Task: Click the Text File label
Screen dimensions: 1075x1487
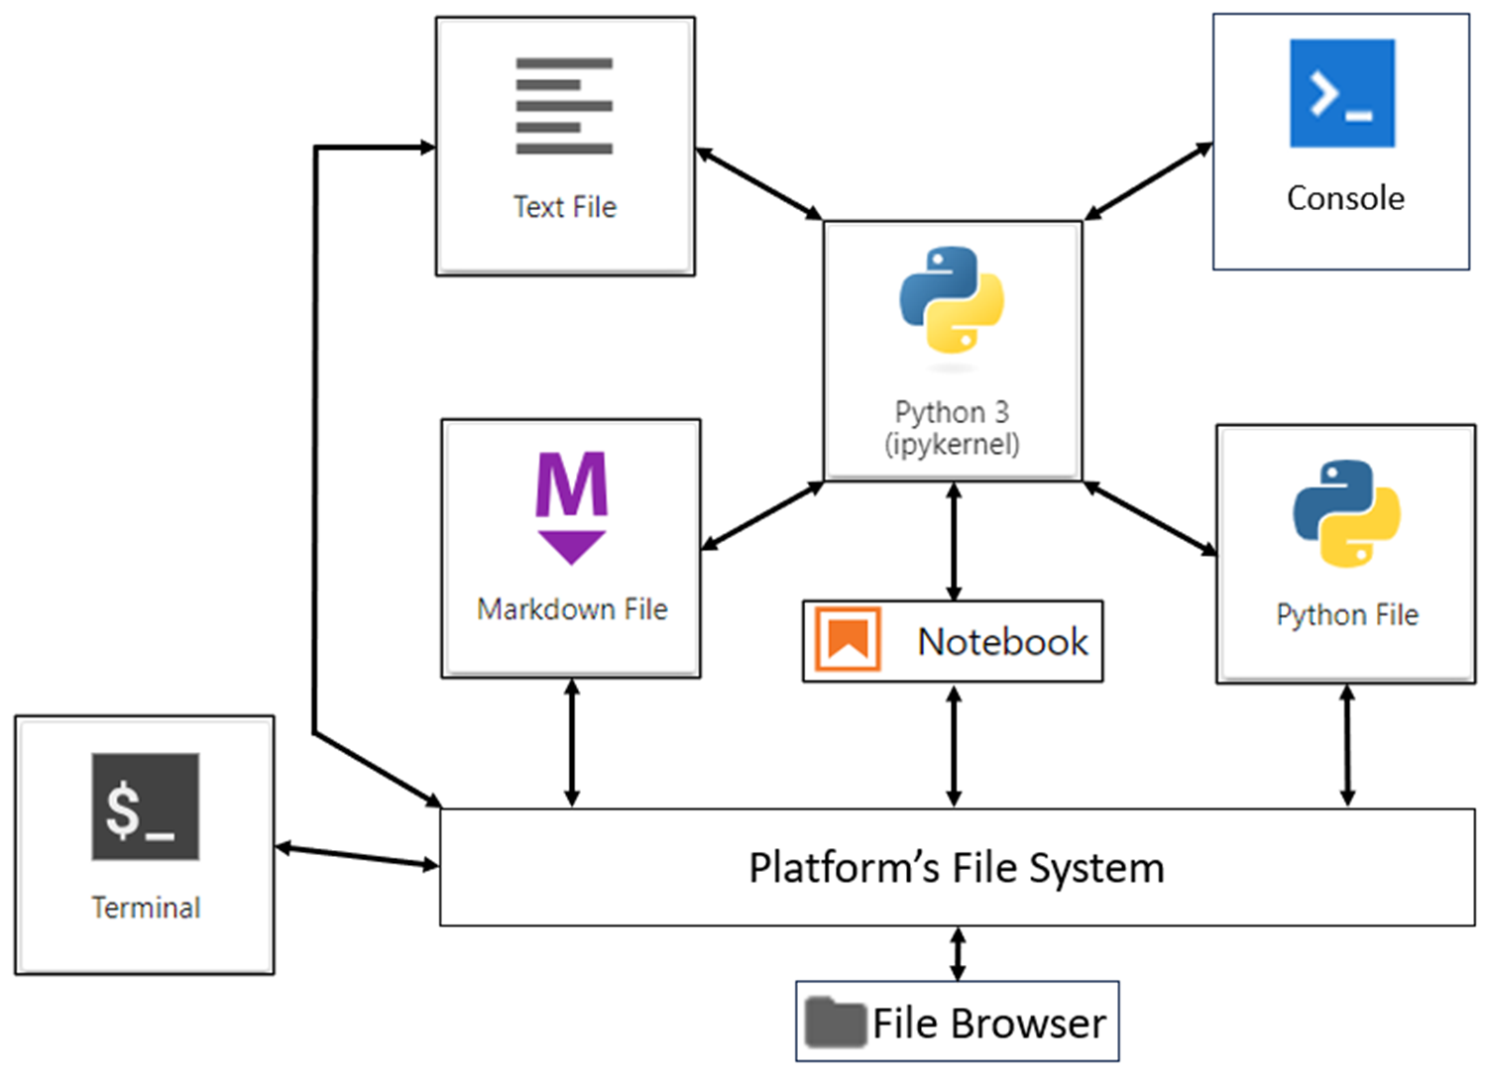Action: (564, 207)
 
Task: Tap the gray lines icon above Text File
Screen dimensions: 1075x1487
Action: (564, 106)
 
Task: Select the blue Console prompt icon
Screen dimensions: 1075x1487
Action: (1341, 93)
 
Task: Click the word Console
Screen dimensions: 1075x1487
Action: (1344, 198)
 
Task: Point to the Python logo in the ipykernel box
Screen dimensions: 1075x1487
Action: (952, 300)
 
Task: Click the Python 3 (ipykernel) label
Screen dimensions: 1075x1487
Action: (952, 428)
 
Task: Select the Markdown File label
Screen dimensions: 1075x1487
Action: (572, 609)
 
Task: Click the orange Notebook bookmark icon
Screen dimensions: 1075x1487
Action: (848, 640)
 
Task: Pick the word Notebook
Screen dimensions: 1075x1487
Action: (1002, 642)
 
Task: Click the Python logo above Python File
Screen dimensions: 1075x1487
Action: (1346, 513)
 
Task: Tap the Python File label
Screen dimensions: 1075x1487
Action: (1346, 615)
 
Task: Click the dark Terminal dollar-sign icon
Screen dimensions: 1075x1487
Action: (146, 806)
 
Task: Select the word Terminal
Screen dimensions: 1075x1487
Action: (146, 908)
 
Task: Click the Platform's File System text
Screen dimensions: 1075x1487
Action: (956, 868)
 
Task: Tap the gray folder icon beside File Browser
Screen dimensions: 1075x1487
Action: (835, 1022)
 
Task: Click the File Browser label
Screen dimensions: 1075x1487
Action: (988, 1023)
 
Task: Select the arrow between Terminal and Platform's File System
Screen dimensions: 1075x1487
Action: (357, 856)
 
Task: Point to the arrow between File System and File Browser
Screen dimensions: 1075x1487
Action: (958, 953)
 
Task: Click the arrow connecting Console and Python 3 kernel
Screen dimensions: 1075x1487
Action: (1148, 180)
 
